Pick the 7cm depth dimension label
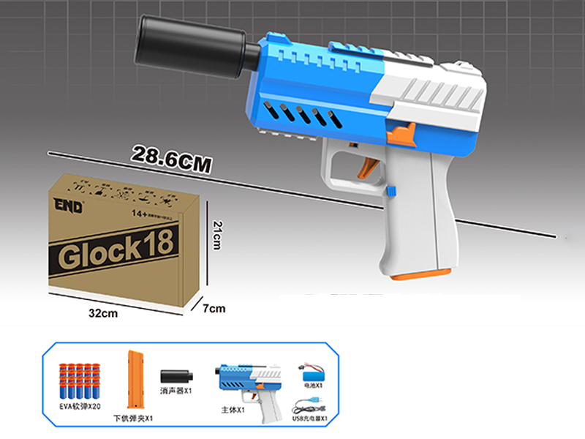214,308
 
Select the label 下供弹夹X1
133,418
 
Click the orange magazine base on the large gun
418,274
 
